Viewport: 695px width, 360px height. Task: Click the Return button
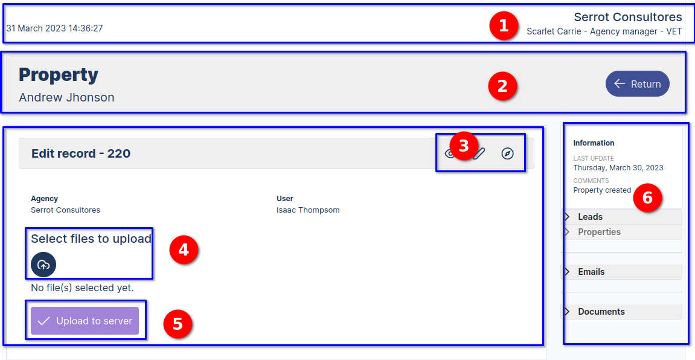[x=637, y=84]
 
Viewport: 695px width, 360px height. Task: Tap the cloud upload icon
[x=43, y=265]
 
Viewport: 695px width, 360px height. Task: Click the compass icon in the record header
[x=507, y=153]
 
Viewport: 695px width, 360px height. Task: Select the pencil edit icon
[x=480, y=153]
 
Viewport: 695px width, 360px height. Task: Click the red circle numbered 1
[x=504, y=27]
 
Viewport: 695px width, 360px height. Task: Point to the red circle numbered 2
[x=502, y=86]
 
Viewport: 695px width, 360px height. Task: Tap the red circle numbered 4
[x=184, y=250]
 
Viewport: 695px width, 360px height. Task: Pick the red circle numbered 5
[x=178, y=324]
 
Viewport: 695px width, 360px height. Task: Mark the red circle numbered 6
[x=647, y=198]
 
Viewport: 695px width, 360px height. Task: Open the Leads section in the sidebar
[x=590, y=217]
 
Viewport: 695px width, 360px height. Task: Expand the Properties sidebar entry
[x=599, y=232]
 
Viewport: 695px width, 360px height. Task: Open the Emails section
[x=591, y=272]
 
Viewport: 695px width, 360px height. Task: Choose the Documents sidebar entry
[x=601, y=312]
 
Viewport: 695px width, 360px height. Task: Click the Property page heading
[x=59, y=75]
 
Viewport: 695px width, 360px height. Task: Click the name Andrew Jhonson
[x=66, y=97]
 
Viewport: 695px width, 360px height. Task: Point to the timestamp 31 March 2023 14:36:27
[x=54, y=28]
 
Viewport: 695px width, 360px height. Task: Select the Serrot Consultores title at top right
[x=627, y=17]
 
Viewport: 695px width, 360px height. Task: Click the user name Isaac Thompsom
[x=308, y=210]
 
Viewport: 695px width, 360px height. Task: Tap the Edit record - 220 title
[x=81, y=153]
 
